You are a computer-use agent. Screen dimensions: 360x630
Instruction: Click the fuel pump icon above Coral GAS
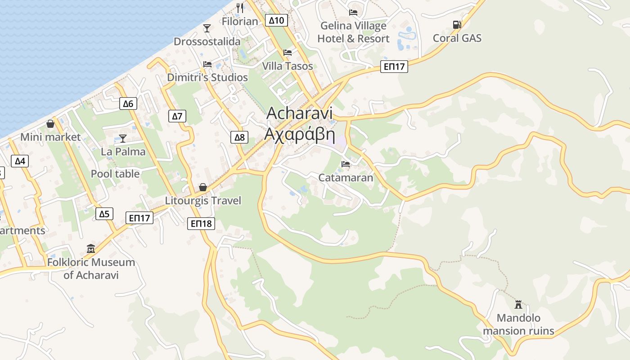[x=457, y=25]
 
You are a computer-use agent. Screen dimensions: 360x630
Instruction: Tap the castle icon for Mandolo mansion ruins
[x=518, y=305]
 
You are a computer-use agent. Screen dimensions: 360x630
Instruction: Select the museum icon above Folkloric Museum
[x=91, y=248]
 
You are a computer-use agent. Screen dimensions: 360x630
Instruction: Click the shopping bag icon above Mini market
[x=50, y=124]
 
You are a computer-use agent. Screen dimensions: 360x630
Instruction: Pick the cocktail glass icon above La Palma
[x=123, y=138]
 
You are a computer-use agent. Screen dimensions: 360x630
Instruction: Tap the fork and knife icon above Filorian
[x=240, y=8]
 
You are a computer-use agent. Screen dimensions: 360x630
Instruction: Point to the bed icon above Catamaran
[x=346, y=164]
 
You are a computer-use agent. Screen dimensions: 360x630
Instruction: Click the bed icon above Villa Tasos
[x=288, y=53]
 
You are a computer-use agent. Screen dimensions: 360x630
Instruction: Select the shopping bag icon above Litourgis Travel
[x=203, y=187]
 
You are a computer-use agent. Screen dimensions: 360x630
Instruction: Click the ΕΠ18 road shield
[x=201, y=223]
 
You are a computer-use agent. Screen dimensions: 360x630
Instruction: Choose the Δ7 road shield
[x=177, y=117]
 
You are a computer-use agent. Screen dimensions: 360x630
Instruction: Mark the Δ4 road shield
[x=20, y=161]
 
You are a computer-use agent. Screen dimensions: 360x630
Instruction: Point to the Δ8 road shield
[x=239, y=137]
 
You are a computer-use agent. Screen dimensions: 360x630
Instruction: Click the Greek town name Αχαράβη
[x=300, y=134]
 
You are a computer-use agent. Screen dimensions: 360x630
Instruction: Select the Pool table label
[x=115, y=174]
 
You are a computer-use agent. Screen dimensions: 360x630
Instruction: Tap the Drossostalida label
[x=207, y=41]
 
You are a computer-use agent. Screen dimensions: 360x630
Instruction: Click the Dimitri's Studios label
[x=207, y=77]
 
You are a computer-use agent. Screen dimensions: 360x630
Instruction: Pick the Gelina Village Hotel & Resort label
[x=353, y=32]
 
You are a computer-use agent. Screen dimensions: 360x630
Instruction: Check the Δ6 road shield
[x=128, y=104]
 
